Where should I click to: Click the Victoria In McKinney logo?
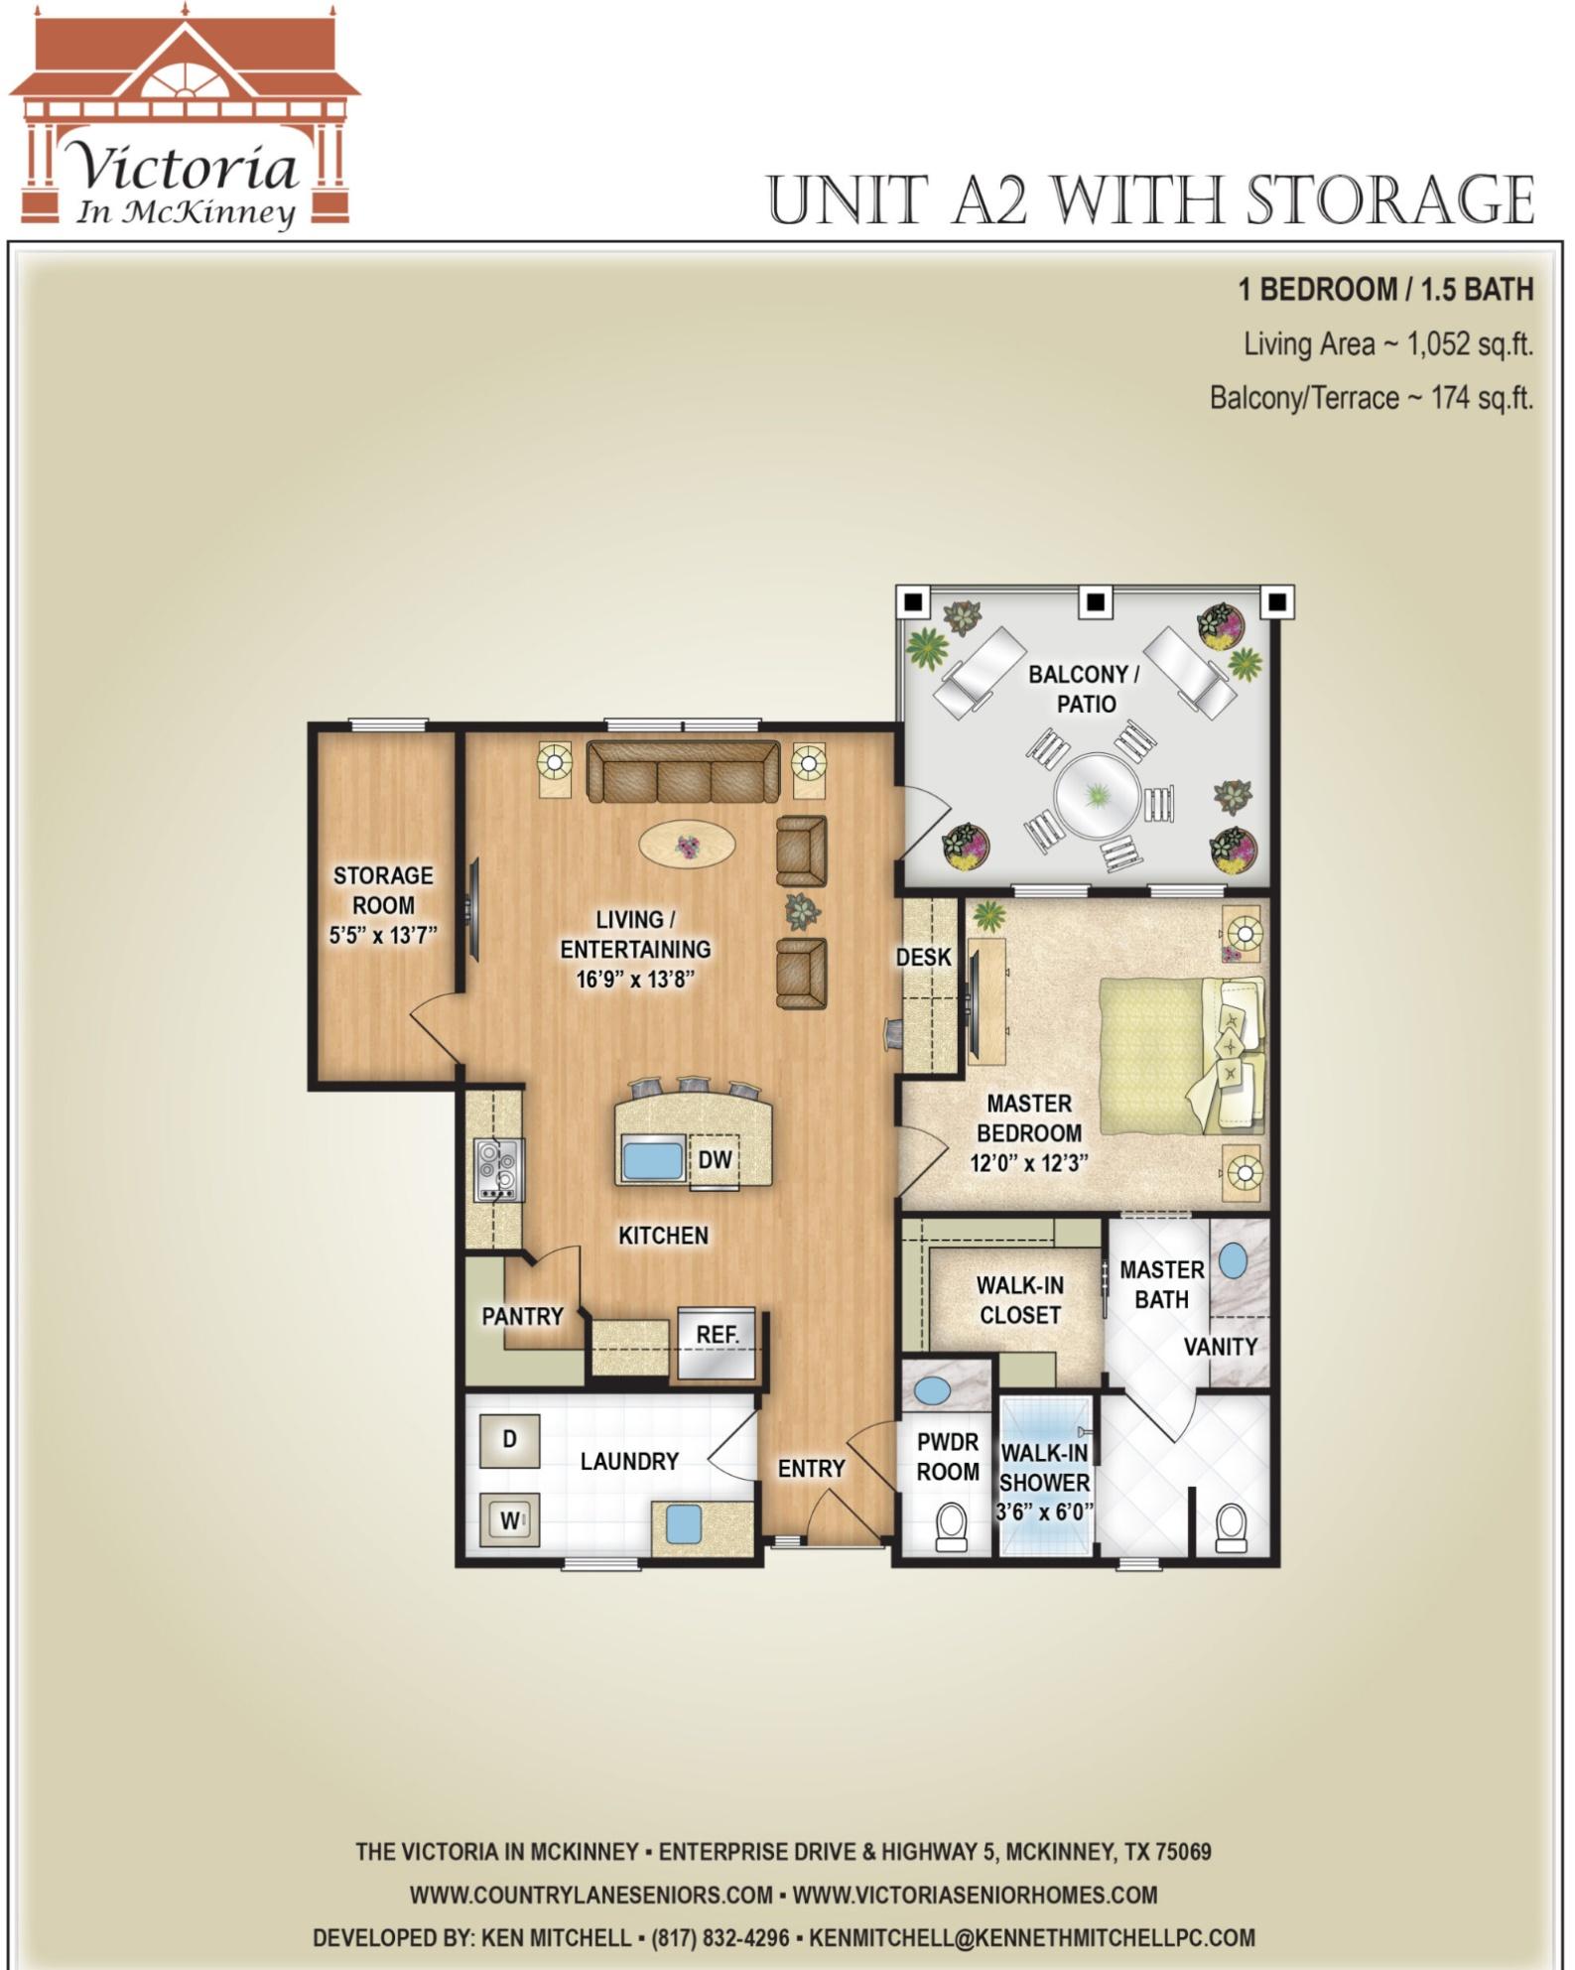point(185,119)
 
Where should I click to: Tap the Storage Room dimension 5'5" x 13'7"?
point(383,935)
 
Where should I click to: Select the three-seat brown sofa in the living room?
point(683,771)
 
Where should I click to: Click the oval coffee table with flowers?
point(687,846)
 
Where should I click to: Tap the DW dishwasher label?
point(715,1159)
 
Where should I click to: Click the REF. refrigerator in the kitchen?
point(717,1343)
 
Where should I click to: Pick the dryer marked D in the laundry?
point(510,1440)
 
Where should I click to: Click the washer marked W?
point(510,1519)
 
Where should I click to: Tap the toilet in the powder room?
point(952,1527)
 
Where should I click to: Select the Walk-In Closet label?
point(1020,1300)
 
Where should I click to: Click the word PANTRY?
point(522,1316)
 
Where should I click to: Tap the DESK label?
point(924,958)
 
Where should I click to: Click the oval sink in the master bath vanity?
point(1233,1261)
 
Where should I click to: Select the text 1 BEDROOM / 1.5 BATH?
point(1385,290)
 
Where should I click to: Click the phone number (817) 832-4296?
point(721,1937)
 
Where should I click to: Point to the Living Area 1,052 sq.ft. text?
point(1388,344)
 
